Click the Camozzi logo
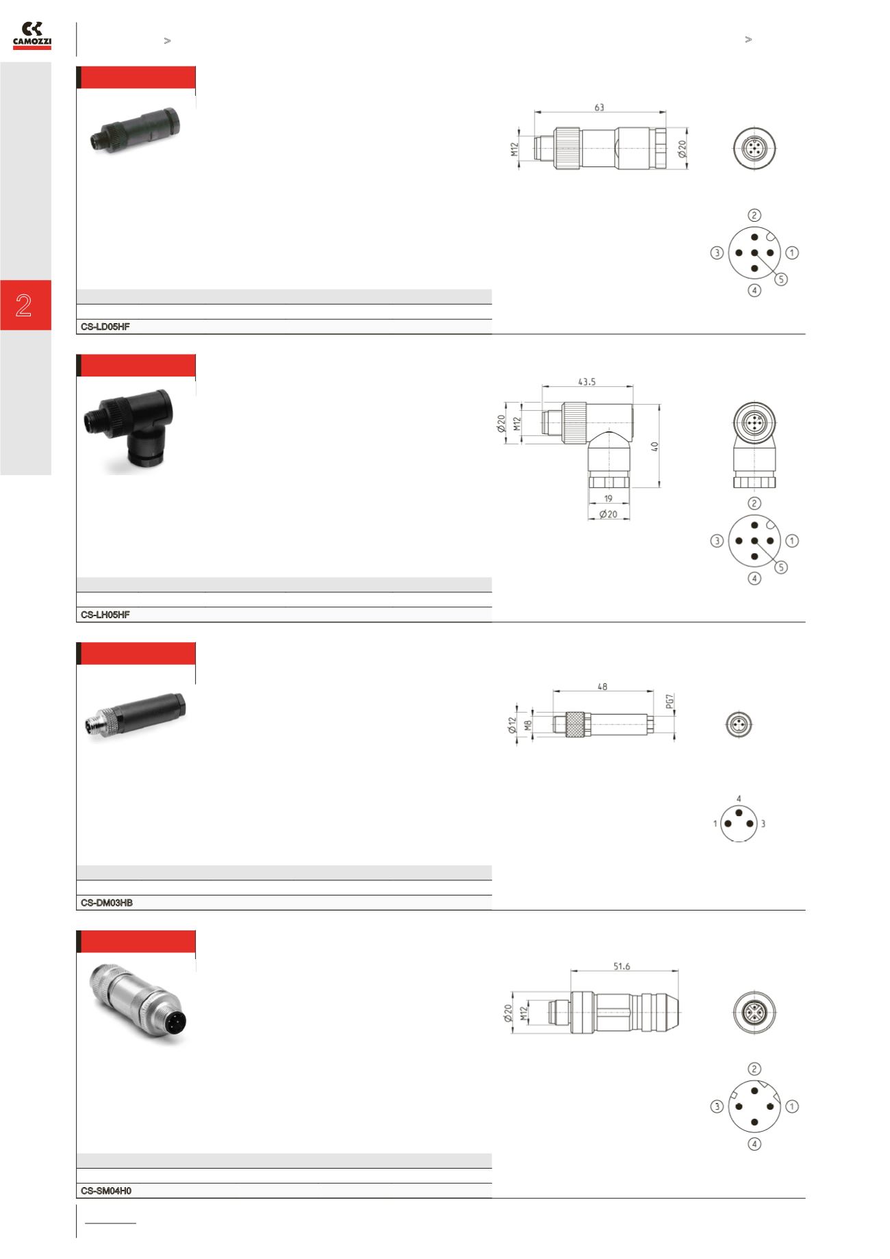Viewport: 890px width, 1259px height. tap(32, 36)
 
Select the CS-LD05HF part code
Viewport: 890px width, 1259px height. tap(105, 327)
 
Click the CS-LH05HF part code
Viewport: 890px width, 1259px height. tap(105, 615)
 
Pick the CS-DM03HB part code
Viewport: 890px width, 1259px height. tap(107, 904)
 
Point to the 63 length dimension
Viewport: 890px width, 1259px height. tap(599, 107)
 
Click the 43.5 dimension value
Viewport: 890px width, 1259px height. tap(587, 382)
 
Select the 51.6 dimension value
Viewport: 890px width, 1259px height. tap(622, 967)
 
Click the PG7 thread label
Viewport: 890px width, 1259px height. tap(670, 702)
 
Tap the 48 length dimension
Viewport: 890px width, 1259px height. tap(602, 687)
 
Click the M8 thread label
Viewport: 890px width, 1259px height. tap(528, 724)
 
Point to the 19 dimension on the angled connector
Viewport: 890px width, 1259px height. tap(609, 499)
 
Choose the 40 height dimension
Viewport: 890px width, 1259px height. tap(654, 446)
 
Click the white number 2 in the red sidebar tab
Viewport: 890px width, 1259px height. tap(25, 305)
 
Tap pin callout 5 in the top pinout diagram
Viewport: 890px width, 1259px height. tap(782, 279)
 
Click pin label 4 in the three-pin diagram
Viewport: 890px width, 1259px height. tap(739, 799)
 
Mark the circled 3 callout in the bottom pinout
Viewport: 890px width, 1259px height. tap(717, 1106)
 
